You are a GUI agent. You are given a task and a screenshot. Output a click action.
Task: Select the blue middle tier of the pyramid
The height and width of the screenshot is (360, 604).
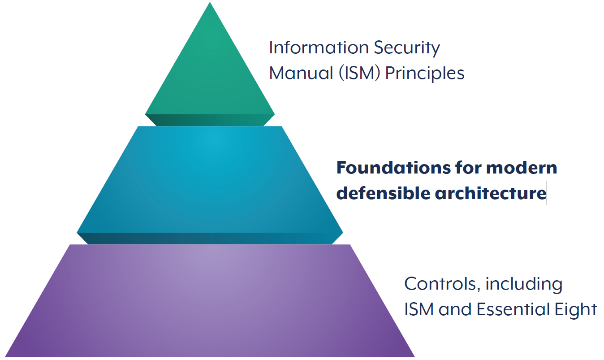[210, 185]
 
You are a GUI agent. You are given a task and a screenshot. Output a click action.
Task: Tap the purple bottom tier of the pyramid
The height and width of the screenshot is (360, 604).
[210, 301]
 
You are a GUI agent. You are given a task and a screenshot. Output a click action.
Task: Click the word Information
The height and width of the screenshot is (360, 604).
[319, 48]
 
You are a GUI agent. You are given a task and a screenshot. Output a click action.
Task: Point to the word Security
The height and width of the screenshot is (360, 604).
[407, 48]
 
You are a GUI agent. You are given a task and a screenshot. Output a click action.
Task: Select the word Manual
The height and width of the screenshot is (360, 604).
[301, 73]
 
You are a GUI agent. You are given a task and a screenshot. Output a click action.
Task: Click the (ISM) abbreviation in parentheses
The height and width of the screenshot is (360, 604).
[359, 74]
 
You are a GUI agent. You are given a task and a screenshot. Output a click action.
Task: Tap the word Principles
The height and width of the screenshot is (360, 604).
[425, 74]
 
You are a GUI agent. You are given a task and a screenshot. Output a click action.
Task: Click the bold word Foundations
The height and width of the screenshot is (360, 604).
[393, 168]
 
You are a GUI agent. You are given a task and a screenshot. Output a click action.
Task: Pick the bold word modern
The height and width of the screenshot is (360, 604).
[522, 168]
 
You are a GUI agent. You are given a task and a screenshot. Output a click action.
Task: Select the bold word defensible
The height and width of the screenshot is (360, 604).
[383, 193]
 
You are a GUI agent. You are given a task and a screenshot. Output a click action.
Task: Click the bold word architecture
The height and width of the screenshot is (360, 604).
[491, 193]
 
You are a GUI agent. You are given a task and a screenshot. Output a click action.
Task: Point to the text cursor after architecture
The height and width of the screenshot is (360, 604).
[547, 193]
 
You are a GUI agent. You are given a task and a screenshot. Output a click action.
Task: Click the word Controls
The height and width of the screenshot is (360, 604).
[443, 284]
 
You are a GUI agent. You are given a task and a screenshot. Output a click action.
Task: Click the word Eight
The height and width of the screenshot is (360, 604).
[576, 310]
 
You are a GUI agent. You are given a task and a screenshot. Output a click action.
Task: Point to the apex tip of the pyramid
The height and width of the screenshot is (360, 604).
[210, 2]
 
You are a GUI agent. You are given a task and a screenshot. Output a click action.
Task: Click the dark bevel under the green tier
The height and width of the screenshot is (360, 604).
[210, 120]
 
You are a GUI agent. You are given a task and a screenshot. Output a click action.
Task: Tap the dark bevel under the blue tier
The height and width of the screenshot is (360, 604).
[210, 239]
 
